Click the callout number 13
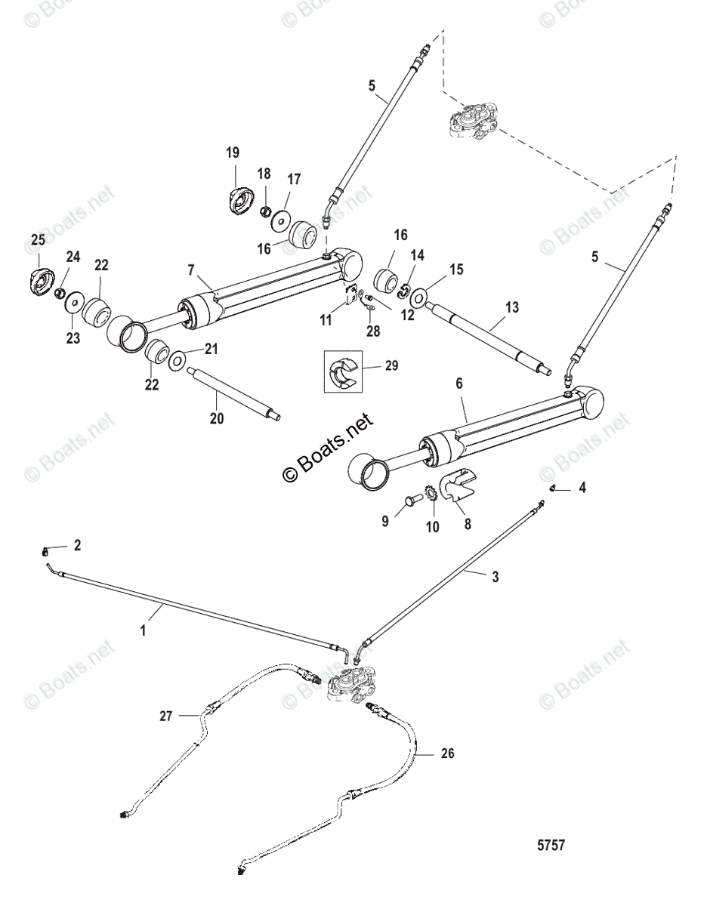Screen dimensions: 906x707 512,307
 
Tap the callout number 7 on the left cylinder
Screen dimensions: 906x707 190,270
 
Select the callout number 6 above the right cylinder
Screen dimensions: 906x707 459,384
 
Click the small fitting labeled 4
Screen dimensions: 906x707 552,488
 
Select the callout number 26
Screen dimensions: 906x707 448,753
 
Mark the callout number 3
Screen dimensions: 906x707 494,577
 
